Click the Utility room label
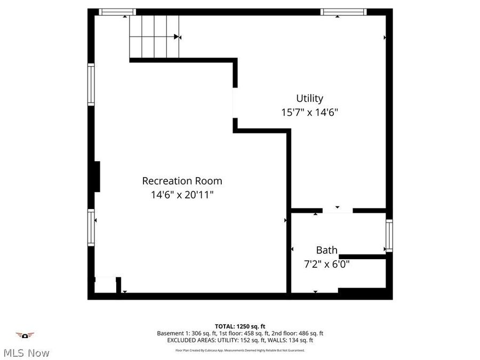(310, 99)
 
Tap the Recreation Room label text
(182, 181)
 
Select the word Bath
(326, 250)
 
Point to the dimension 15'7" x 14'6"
(310, 113)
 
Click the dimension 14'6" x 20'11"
(182, 195)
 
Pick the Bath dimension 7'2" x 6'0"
(326, 263)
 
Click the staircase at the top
(154, 36)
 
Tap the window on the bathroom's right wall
(389, 236)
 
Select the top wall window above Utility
(343, 12)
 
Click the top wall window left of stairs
(117, 12)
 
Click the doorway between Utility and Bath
(338, 211)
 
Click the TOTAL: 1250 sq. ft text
(240, 326)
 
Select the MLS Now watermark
(26, 353)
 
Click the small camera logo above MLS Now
(25, 335)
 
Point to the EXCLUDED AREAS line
(240, 340)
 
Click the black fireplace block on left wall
(97, 176)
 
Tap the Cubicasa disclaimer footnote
(240, 350)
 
